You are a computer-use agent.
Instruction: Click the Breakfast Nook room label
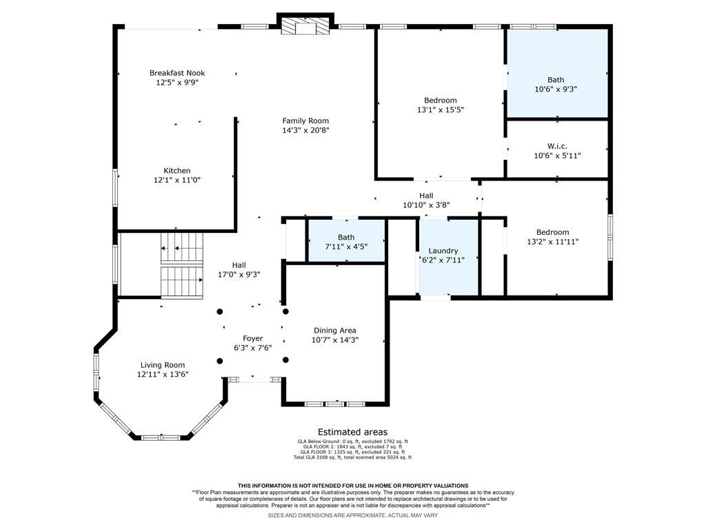click(177, 73)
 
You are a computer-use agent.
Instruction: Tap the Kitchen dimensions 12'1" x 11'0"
click(177, 180)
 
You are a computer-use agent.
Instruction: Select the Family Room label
click(305, 121)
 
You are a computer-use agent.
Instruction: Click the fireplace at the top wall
click(305, 25)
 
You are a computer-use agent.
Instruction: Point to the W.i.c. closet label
click(557, 146)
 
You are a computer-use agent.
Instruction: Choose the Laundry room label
click(443, 251)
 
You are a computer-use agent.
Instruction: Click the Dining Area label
click(335, 331)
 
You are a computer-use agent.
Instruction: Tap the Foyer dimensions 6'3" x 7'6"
click(252, 348)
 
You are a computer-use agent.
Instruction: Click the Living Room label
click(163, 365)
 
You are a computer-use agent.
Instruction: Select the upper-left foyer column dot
click(220, 311)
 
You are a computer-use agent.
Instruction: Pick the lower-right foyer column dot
click(285, 360)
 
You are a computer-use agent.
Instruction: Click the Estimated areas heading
click(352, 433)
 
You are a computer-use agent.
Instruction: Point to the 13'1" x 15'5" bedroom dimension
click(441, 110)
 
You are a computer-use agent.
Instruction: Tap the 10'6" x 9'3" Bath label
click(556, 85)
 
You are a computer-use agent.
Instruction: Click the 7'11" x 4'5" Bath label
click(346, 242)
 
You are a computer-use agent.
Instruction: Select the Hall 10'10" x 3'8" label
click(426, 200)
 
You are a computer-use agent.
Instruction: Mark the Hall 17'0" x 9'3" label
click(239, 270)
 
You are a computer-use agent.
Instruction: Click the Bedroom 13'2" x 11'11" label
click(552, 237)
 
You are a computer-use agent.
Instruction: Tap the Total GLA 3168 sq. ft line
click(352, 457)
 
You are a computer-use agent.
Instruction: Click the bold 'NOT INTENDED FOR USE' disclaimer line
click(353, 486)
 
